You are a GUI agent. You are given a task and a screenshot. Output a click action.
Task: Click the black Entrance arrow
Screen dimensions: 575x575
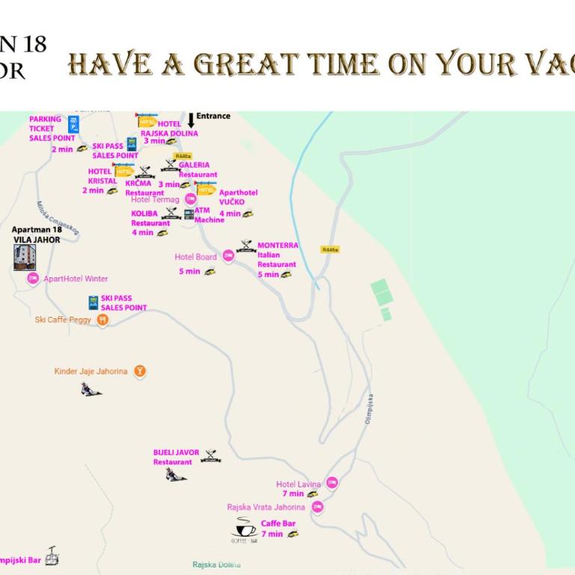191,120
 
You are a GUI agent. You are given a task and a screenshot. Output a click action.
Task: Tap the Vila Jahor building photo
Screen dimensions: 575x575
25,257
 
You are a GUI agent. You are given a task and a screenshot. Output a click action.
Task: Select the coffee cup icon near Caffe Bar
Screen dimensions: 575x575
244,529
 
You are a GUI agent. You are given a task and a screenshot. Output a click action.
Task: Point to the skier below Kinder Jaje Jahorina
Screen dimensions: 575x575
91,389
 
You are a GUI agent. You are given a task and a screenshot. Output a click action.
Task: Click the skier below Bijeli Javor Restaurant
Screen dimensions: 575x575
175,475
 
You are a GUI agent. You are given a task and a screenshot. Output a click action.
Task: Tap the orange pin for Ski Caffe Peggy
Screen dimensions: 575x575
103,320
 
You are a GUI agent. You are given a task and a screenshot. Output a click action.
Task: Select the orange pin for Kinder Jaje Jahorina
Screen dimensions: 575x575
139,371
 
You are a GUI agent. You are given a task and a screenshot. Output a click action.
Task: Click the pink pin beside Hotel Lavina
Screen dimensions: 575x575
332,484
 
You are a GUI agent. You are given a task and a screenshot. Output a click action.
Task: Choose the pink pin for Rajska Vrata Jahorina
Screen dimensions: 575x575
317,508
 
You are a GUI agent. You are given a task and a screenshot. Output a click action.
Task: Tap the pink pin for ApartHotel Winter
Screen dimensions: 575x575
32,279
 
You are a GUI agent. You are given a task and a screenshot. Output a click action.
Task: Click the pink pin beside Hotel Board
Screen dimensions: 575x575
228,256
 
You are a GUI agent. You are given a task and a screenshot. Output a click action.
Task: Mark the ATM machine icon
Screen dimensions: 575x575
189,214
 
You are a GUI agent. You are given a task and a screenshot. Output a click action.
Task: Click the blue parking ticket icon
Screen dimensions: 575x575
73,124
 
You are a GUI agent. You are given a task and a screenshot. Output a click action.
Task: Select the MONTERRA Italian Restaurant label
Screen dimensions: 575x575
277,260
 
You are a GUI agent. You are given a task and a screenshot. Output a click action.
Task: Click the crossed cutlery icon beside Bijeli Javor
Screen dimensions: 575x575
210,455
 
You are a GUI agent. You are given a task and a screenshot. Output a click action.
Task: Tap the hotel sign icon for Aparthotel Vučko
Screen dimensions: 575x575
205,188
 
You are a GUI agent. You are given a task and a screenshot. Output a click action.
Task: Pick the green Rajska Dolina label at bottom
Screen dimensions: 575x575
216,565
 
